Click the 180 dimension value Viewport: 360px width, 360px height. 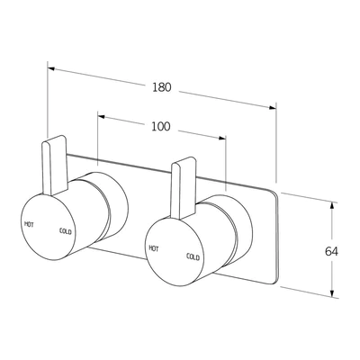click(162, 87)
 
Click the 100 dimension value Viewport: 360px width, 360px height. click(160, 127)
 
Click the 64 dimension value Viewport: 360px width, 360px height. click(331, 251)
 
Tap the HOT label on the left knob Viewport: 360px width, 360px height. click(29, 224)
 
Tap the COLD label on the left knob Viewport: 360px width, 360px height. click(66, 231)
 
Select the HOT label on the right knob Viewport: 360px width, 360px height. click(154, 248)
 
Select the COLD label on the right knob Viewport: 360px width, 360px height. click(193, 256)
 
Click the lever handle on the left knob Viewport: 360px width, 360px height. click(55, 166)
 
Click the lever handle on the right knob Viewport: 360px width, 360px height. click(184, 188)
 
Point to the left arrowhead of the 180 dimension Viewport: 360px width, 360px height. click(51, 68)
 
